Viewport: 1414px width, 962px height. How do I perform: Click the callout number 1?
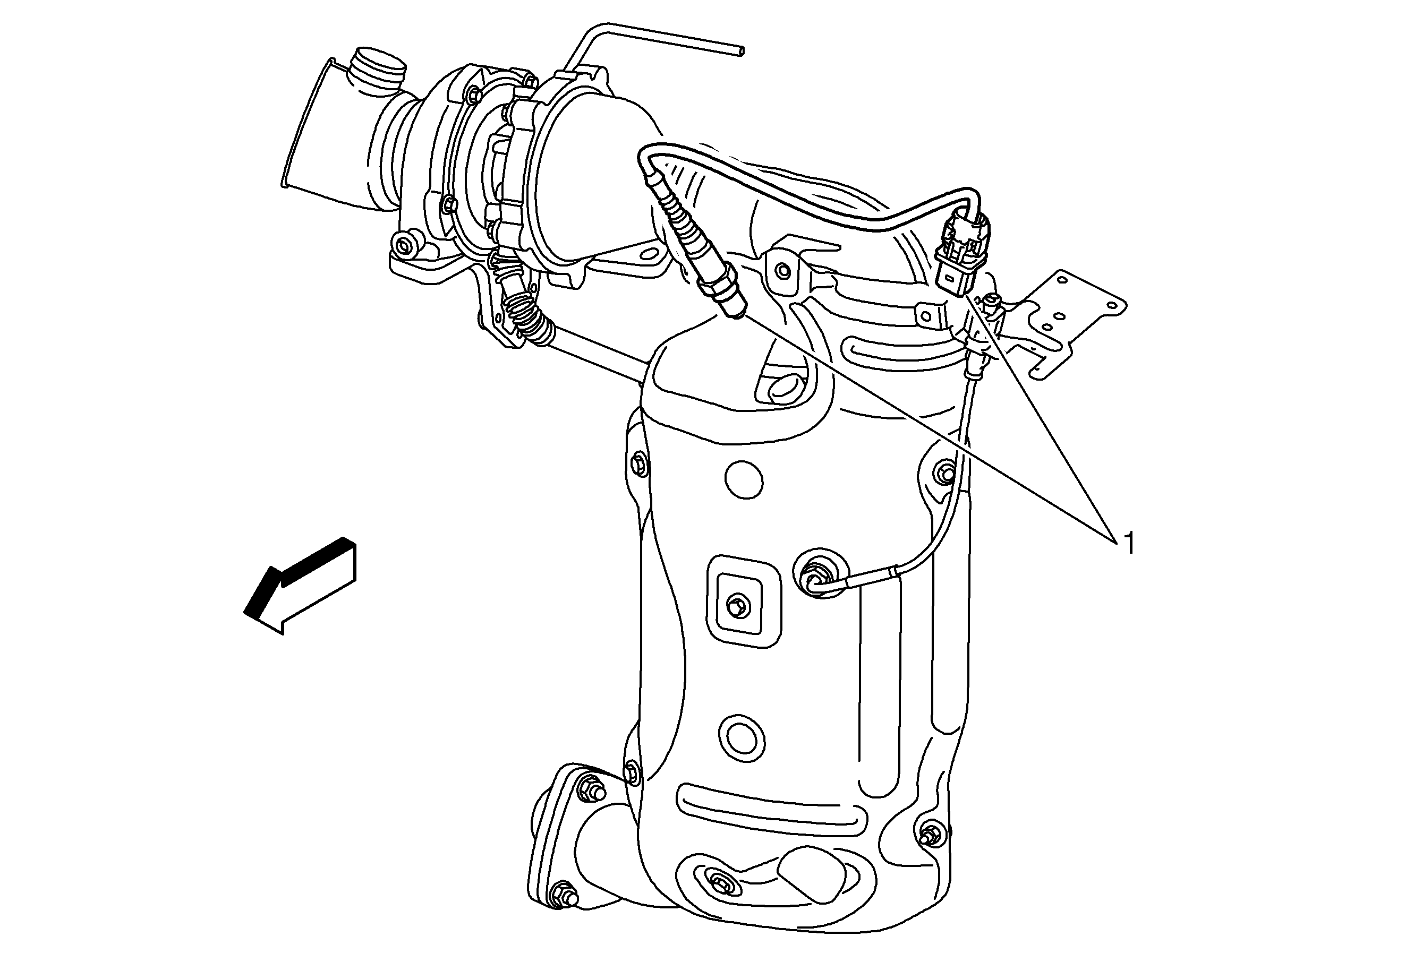[x=1129, y=543]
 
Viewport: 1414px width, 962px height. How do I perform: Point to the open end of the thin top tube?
[x=739, y=50]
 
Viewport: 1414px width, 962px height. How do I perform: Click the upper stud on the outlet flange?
[x=590, y=787]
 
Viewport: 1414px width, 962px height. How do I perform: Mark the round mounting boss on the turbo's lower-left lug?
[x=402, y=246]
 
